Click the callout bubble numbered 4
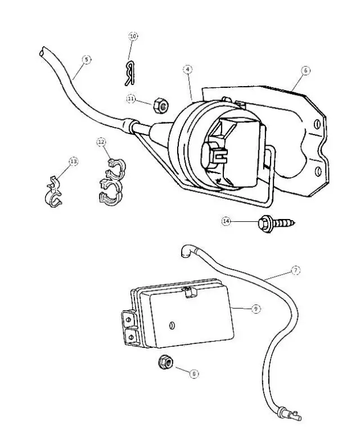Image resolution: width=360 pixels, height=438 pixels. tap(188, 69)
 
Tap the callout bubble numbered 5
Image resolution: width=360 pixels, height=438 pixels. tap(86, 59)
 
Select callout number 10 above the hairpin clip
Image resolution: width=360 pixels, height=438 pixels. tap(133, 36)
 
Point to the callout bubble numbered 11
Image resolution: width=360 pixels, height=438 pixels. tap(130, 99)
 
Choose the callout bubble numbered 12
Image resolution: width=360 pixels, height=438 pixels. tap(101, 142)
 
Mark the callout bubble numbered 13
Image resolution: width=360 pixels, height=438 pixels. tap(74, 162)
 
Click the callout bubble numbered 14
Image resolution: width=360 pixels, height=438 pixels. tap(226, 222)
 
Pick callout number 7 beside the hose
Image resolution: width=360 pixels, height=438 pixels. tap(296, 271)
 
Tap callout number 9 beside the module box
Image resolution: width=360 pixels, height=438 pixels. tap(255, 309)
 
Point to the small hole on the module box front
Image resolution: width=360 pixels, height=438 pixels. tap(173, 325)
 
